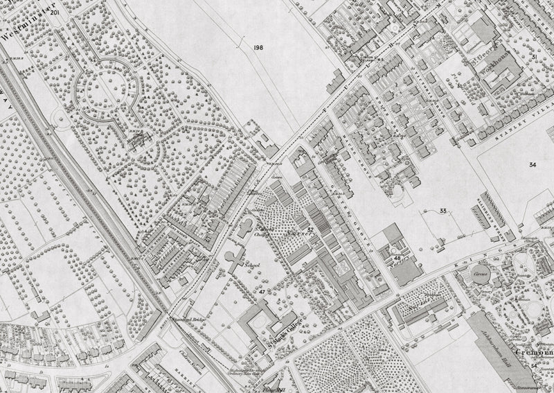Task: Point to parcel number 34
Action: (532, 164)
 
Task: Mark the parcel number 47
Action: (262, 292)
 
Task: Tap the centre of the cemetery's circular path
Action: (105, 89)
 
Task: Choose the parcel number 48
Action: (397, 258)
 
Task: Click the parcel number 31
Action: (535, 57)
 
